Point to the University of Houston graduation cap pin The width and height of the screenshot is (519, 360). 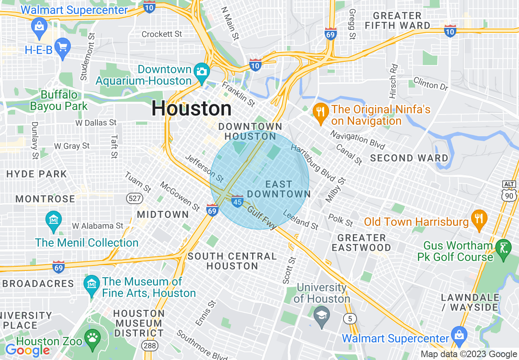click(x=321, y=315)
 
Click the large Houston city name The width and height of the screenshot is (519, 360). click(x=192, y=108)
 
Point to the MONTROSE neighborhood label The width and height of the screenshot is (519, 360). click(x=45, y=199)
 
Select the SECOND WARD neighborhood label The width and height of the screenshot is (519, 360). click(x=409, y=158)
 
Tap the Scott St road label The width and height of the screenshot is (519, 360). click(x=289, y=270)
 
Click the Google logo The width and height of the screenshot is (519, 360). click(x=27, y=350)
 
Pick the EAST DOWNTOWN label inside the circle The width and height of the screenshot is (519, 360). click(x=279, y=189)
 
